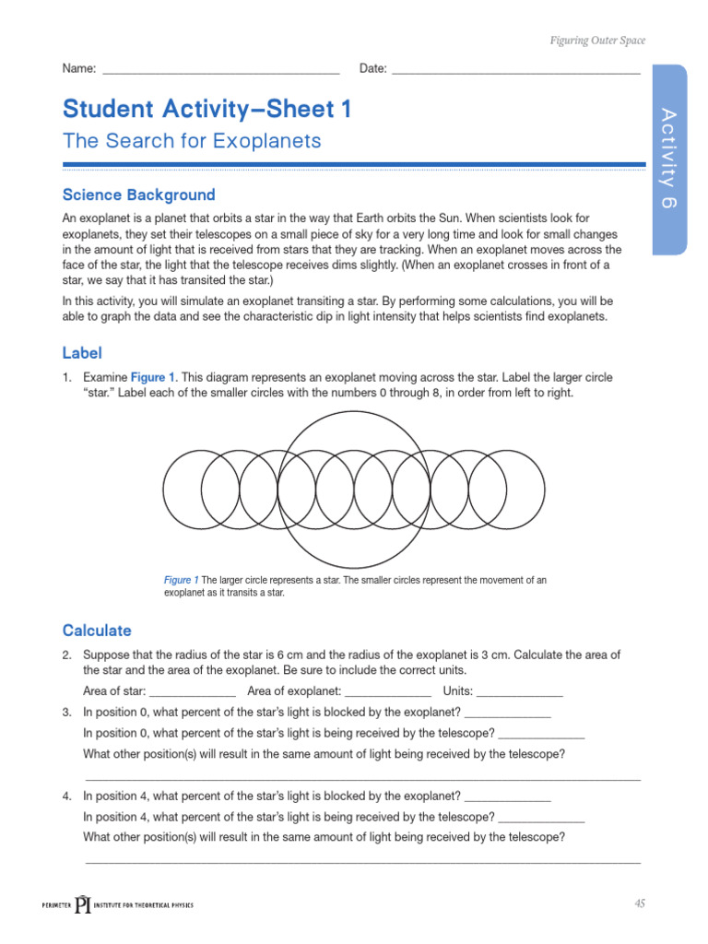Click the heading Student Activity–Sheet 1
pyautogui.click(x=207, y=110)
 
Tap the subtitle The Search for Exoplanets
pyautogui.click(x=192, y=141)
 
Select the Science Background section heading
pyautogui.click(x=138, y=195)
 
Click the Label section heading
pyautogui.click(x=82, y=353)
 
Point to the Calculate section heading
pyautogui.click(x=97, y=631)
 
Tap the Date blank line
pyautogui.click(x=515, y=70)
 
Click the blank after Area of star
pyautogui.click(x=193, y=692)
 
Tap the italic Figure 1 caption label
pyautogui.click(x=181, y=580)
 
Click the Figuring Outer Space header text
pyautogui.click(x=597, y=41)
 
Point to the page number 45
pyautogui.click(x=639, y=903)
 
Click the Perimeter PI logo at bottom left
pyautogui.click(x=117, y=904)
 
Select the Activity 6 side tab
pyautogui.click(x=669, y=158)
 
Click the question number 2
pyautogui.click(x=67, y=655)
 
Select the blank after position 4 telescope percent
pyautogui.click(x=541, y=818)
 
